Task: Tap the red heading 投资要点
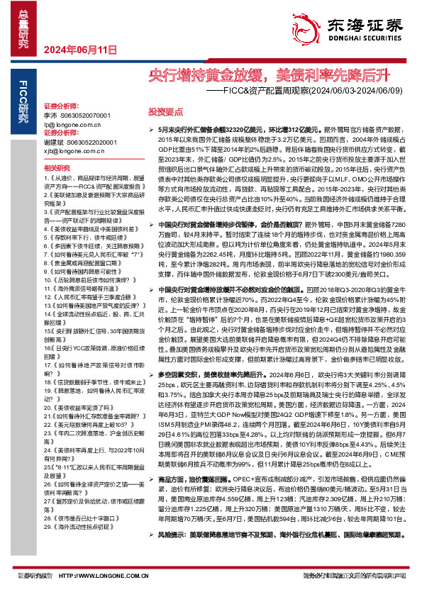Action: [165, 111]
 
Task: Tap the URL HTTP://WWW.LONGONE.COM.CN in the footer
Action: [96, 576]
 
